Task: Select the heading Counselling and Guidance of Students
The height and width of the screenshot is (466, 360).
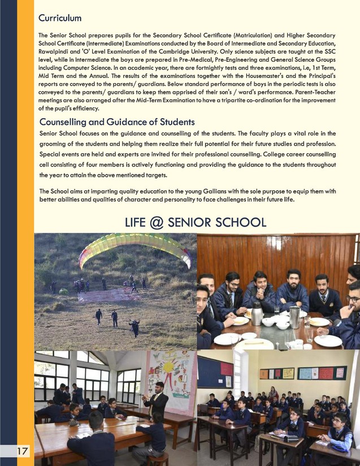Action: point(117,121)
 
